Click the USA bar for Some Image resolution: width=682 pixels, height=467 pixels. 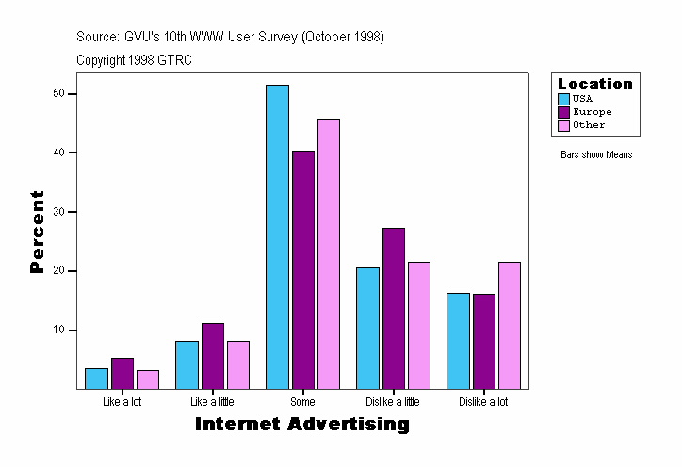click(277, 236)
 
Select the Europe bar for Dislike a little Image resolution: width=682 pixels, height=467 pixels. click(393, 308)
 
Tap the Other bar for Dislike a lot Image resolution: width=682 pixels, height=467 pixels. click(509, 325)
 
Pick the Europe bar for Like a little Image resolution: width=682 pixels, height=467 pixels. click(213, 356)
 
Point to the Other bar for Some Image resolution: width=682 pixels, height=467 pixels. click(329, 253)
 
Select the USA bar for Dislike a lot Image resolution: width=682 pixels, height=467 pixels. click(458, 341)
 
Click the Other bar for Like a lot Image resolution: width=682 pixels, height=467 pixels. click(148, 379)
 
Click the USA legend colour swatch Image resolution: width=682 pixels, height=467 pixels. click(563, 99)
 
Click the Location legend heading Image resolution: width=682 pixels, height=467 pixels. click(595, 84)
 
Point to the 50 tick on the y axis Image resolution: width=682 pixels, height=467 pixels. click(58, 93)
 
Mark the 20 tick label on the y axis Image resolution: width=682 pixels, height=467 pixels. click(58, 271)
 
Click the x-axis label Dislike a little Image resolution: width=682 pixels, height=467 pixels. click(393, 402)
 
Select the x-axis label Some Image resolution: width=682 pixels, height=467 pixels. click(302, 402)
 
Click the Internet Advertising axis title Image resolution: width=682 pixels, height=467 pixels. click(302, 425)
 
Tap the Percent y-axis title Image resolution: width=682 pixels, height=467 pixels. click(38, 232)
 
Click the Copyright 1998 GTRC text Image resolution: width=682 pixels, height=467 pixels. click(135, 59)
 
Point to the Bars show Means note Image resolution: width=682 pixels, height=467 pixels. click(596, 154)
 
